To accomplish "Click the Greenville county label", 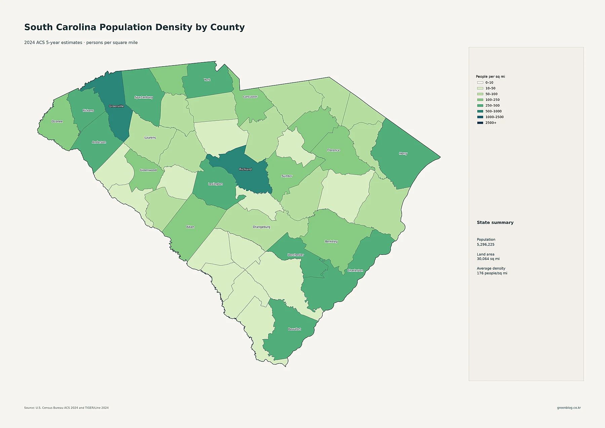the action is (x=116, y=106).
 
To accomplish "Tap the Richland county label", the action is (x=245, y=169).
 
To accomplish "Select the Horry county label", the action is (x=403, y=154).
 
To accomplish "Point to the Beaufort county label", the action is (x=294, y=329).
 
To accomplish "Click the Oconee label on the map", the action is (x=57, y=121).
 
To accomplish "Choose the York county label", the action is (x=207, y=80).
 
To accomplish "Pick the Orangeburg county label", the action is (x=261, y=227).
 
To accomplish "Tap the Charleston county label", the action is (x=355, y=270).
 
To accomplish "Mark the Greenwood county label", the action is (x=148, y=170).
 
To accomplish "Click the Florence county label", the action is (x=333, y=150).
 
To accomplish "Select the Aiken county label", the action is (x=190, y=227).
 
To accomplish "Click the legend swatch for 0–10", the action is (x=480, y=83).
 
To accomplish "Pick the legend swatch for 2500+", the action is (x=480, y=123).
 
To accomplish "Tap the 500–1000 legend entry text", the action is (x=493, y=111).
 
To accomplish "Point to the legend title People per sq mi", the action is (x=490, y=77).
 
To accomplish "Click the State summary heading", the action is (x=495, y=223).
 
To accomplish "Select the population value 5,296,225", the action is (x=486, y=245).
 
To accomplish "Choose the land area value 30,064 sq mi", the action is (x=488, y=259).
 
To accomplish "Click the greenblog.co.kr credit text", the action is (x=569, y=408).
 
